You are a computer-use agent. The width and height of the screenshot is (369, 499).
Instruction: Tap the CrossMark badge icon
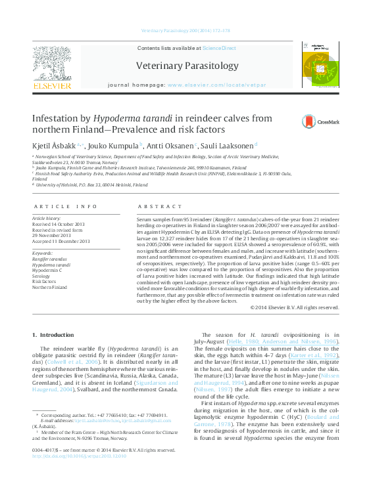click(x=308, y=121)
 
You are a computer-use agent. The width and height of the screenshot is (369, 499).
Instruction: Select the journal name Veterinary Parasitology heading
click(x=187, y=66)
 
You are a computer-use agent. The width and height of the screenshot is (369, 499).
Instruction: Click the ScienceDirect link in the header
click(x=219, y=49)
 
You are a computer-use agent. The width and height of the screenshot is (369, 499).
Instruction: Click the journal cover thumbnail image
click(x=319, y=64)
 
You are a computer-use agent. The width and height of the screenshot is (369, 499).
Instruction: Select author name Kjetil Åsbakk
click(x=57, y=144)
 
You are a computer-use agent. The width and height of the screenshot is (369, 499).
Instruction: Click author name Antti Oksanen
click(x=170, y=144)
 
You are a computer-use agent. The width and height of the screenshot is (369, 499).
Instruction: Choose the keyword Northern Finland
click(x=50, y=288)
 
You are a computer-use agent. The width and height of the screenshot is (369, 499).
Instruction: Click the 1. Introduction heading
click(x=54, y=335)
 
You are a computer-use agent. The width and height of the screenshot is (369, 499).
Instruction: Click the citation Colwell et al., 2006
click(x=83, y=360)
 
